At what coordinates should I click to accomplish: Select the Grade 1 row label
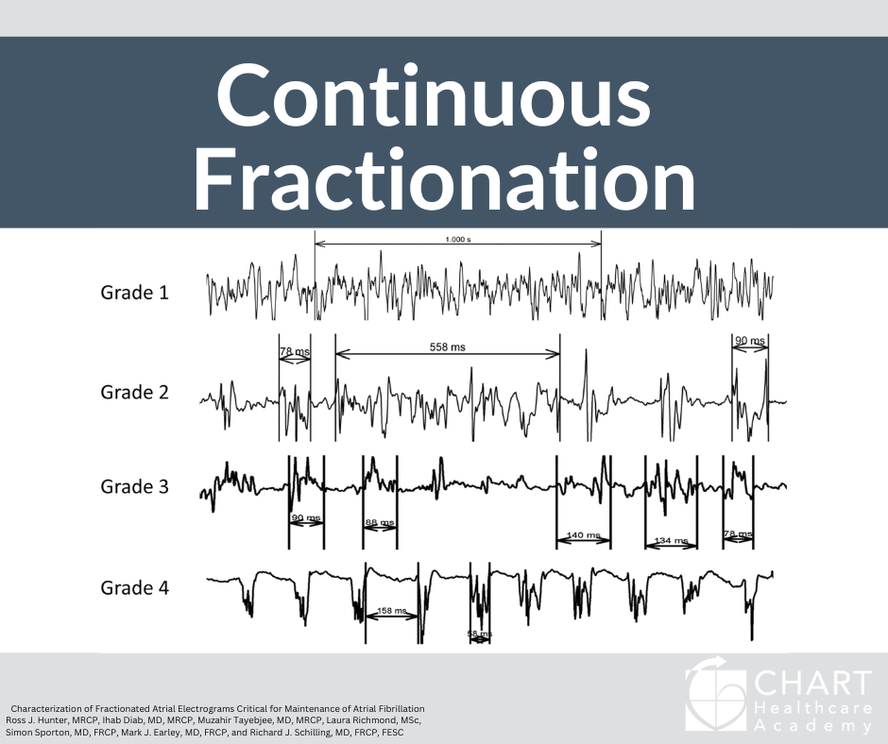click(135, 293)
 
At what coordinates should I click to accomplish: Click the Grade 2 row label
click(135, 392)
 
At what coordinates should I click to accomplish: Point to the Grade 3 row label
click(135, 487)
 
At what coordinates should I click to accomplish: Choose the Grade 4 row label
click(135, 588)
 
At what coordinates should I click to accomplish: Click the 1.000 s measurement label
click(457, 240)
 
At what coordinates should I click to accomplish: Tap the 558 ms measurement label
click(448, 347)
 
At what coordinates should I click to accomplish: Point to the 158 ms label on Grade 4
click(392, 611)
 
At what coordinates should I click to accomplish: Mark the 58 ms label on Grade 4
click(480, 634)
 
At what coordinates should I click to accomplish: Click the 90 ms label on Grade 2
click(749, 340)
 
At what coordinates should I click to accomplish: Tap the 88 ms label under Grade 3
click(379, 522)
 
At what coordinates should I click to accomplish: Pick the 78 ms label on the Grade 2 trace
click(295, 352)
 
